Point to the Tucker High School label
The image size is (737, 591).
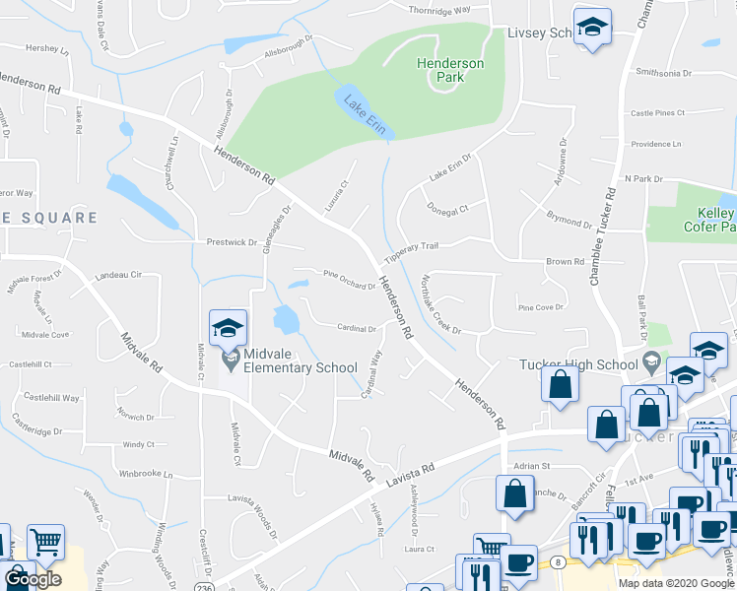click(579, 364)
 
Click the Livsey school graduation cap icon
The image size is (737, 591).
click(592, 28)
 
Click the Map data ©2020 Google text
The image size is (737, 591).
click(677, 583)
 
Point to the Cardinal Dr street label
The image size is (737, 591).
click(358, 329)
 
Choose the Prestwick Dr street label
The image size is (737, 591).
click(232, 241)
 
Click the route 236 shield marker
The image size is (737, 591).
click(203, 587)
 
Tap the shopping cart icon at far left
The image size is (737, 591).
click(45, 542)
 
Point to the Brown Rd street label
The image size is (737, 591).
click(566, 262)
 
